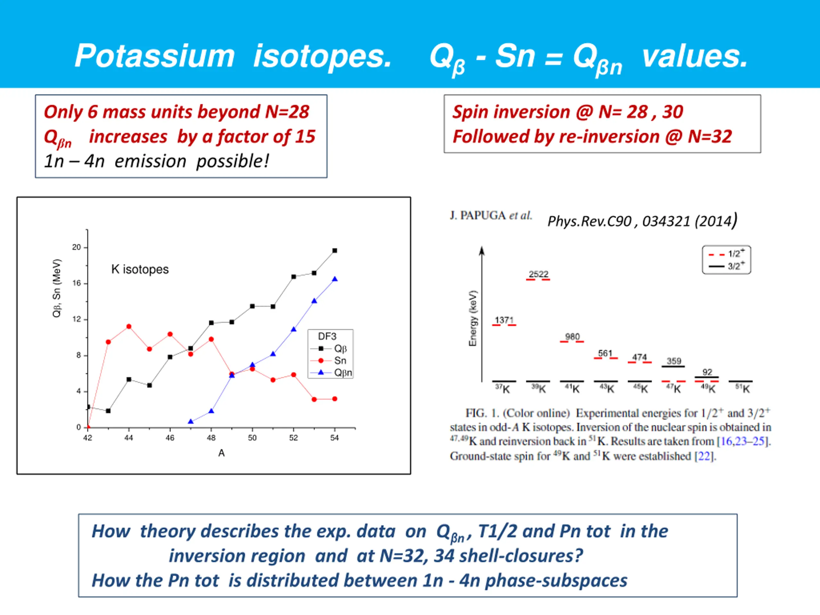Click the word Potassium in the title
tap(155, 56)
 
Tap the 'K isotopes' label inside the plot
tap(140, 269)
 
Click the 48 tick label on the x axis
tap(211, 438)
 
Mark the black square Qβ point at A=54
tap(335, 250)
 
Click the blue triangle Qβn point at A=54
tap(335, 279)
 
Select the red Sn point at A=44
tap(129, 327)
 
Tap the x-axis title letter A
tap(221, 453)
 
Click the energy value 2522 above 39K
tap(538, 274)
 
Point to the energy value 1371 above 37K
tap(504, 320)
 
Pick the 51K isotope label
tap(742, 389)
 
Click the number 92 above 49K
tap(707, 372)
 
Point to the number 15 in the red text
tap(305, 137)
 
